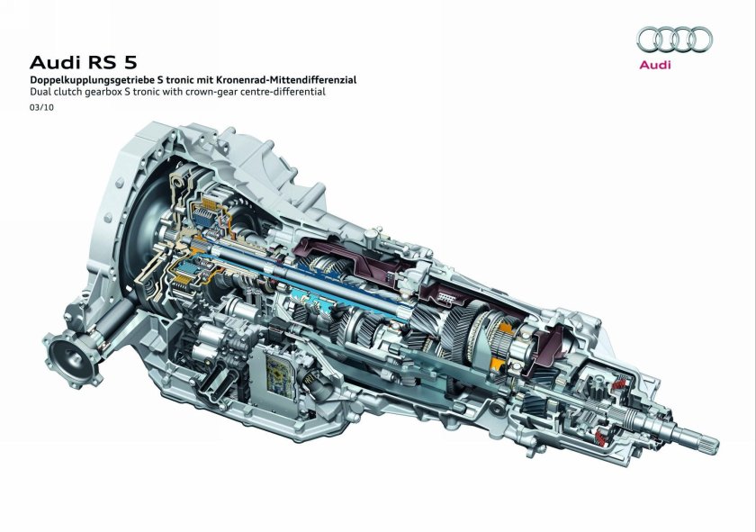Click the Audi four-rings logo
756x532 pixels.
pos(675,39)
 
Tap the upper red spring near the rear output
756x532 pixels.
pos(618,386)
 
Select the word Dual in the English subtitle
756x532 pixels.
pos(40,92)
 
